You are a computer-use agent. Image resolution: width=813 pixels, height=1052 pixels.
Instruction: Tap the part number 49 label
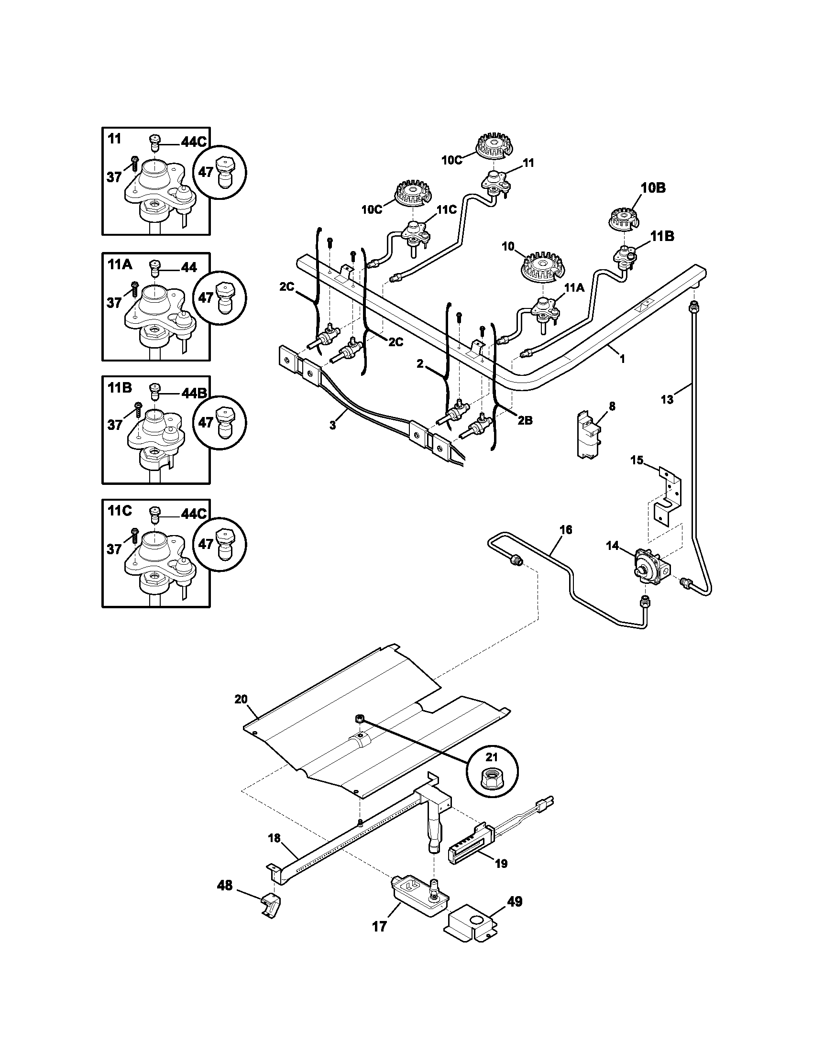[515, 901]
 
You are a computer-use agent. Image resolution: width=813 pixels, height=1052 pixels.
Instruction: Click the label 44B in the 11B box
[194, 393]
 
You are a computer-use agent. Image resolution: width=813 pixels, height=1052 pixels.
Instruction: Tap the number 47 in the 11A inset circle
[206, 298]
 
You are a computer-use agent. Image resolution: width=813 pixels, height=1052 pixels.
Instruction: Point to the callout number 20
[241, 699]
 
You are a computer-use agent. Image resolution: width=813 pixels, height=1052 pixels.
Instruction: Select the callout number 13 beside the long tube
[667, 399]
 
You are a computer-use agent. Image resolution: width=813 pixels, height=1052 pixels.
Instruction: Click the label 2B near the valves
[525, 420]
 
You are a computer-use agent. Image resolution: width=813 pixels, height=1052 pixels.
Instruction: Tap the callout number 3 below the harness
[333, 426]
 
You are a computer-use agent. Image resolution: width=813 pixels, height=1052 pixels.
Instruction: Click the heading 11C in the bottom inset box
[120, 511]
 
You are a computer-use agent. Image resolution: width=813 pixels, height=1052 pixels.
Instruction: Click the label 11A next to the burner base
[573, 287]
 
